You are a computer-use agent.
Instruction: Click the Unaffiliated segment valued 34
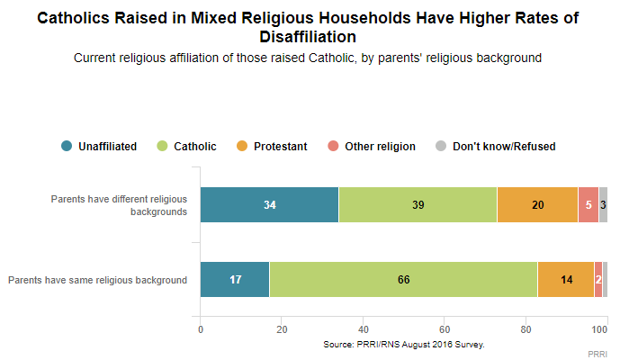tap(269, 204)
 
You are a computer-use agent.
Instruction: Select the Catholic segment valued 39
tap(418, 204)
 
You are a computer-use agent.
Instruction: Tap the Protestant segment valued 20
tap(537, 204)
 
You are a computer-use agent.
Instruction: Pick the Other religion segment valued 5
tap(588, 204)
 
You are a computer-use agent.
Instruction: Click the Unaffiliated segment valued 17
tap(234, 279)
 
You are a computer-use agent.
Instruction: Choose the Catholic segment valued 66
tap(403, 279)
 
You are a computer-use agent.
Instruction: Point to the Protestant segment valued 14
tap(565, 279)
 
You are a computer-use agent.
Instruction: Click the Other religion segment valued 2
tap(598, 279)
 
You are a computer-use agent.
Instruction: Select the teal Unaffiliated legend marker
tap(67, 146)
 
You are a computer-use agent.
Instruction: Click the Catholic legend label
tap(194, 146)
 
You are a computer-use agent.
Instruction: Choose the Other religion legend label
tap(380, 146)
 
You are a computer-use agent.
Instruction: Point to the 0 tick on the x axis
tap(200, 329)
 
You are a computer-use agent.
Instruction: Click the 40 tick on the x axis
tap(363, 329)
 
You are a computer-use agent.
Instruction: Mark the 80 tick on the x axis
tap(526, 329)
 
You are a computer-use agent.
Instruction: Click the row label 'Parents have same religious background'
tap(97, 280)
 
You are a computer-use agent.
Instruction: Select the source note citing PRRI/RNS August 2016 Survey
tap(403, 344)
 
